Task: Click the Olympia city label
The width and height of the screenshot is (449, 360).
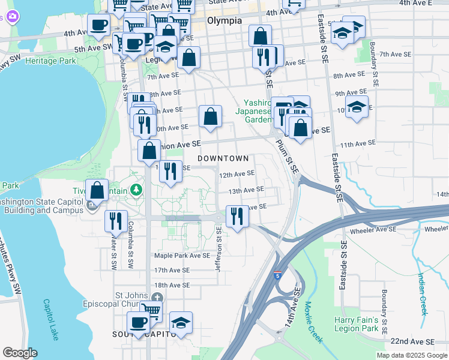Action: [x=224, y=20]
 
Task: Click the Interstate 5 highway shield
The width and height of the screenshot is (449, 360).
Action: [x=276, y=275]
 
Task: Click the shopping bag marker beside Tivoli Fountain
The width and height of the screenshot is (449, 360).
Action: [x=97, y=190]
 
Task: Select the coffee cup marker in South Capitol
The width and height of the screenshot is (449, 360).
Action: [x=139, y=322]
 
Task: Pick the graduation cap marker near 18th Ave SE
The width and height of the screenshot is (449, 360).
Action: [x=181, y=323]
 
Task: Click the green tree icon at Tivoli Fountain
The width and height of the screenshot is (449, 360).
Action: [x=137, y=190]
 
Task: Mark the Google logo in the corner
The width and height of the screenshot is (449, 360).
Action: [x=20, y=353]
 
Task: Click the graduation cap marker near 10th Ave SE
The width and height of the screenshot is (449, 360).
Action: [x=357, y=107]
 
